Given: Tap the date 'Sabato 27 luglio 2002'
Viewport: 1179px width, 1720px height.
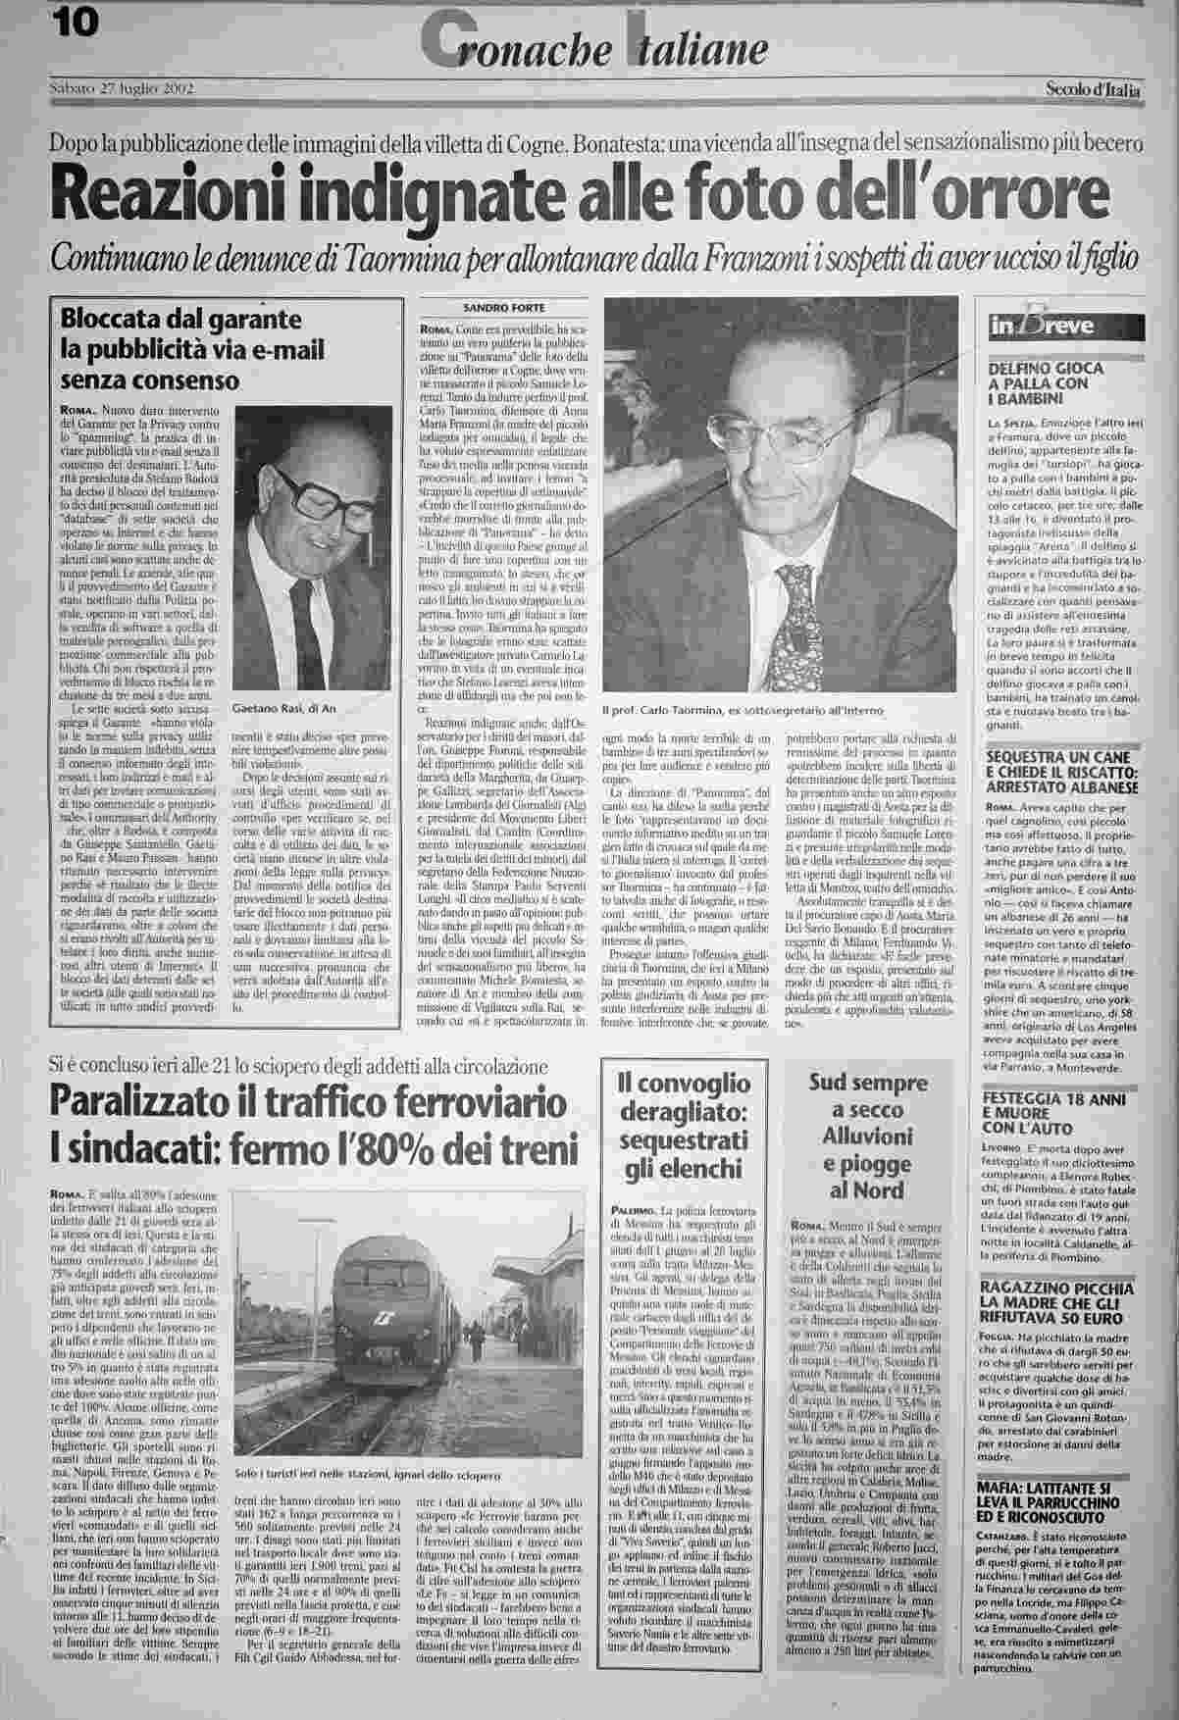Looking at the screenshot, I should point(121,90).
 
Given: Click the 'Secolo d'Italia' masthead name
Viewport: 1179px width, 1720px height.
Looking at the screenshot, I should point(1092,92).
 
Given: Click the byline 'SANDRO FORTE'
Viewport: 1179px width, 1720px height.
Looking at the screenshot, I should point(504,306).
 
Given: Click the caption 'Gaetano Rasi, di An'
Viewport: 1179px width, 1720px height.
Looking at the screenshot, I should point(284,707).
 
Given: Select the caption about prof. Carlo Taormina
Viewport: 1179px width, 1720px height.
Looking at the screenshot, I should point(744,709).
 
